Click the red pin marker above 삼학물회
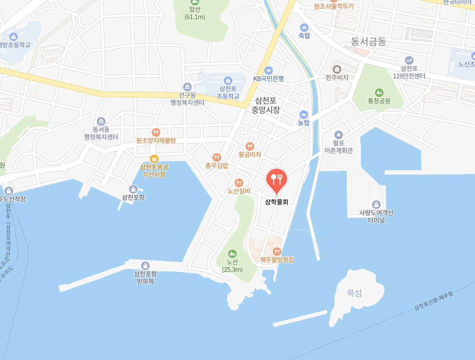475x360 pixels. click(x=277, y=179)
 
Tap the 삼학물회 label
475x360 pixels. click(x=277, y=202)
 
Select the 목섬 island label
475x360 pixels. click(x=354, y=293)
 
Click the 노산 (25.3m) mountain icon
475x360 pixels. click(x=232, y=253)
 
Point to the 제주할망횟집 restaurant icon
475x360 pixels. click(x=277, y=251)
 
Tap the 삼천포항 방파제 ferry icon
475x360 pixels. click(x=145, y=265)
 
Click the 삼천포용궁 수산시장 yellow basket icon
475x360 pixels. click(x=154, y=159)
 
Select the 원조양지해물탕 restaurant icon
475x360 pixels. click(x=156, y=132)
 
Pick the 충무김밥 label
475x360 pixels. click(x=216, y=165)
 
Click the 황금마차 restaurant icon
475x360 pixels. click(x=250, y=146)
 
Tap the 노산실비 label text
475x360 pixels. click(x=239, y=191)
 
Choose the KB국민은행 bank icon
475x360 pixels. click(x=268, y=70)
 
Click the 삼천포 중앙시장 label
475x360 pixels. click(x=265, y=105)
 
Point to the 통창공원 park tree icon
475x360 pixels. click(x=379, y=93)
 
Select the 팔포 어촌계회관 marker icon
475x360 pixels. click(x=339, y=135)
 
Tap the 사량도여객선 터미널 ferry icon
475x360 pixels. click(x=376, y=204)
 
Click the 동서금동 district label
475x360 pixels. click(x=368, y=41)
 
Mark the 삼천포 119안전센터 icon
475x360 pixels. click(x=408, y=60)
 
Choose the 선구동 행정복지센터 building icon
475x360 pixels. click(x=187, y=87)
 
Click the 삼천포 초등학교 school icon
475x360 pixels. click(x=228, y=81)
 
